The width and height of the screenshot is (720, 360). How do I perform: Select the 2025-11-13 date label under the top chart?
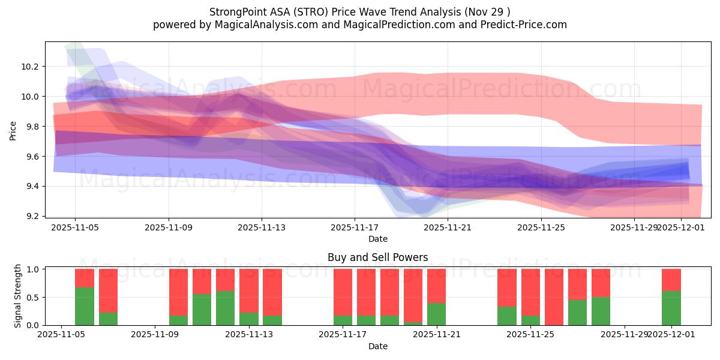[x=262, y=228]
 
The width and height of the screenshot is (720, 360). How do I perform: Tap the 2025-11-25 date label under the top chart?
[x=541, y=228]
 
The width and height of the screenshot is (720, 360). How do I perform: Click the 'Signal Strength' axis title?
[x=18, y=295]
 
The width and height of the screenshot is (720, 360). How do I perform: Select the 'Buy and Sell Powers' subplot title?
[x=377, y=257]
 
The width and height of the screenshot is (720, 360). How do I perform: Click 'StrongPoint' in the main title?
[x=238, y=12]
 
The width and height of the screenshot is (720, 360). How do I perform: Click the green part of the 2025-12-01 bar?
[x=671, y=308]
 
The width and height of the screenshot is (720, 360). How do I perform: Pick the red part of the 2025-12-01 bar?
[x=671, y=280]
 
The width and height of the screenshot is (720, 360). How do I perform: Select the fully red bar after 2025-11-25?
[x=554, y=297]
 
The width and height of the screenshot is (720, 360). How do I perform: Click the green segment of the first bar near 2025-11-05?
[x=85, y=306]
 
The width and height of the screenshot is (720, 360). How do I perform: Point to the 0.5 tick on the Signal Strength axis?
[x=34, y=298]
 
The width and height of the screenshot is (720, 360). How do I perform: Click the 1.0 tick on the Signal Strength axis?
[x=34, y=269]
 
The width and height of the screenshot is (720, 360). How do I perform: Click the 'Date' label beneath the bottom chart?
[x=377, y=346]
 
